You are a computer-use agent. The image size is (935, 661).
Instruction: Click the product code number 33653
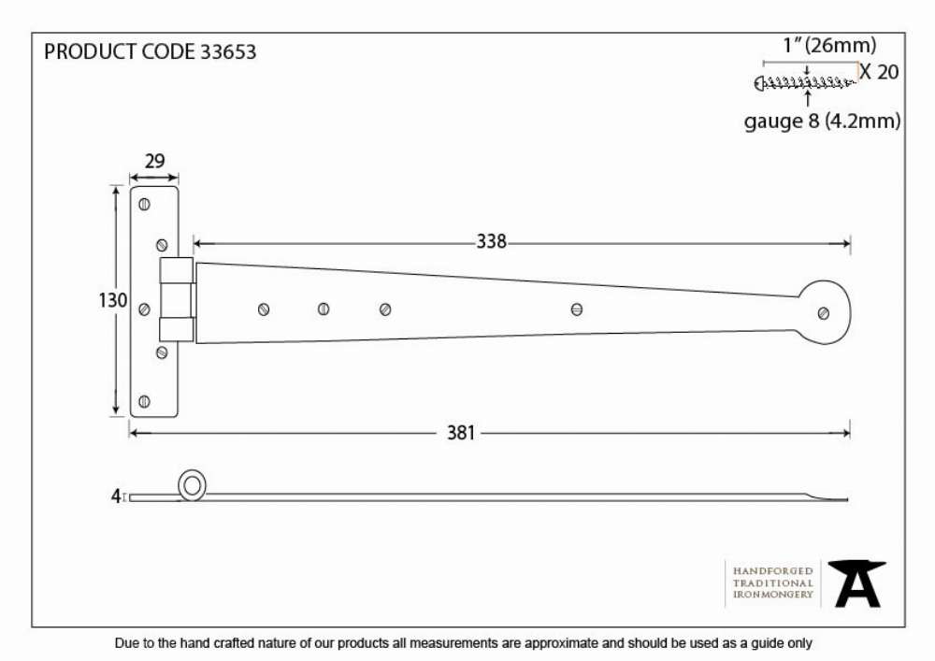pyautogui.click(x=228, y=51)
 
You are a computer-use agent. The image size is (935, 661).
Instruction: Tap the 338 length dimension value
pyautogui.click(x=492, y=241)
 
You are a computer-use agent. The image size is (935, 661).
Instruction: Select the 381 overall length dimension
pyautogui.click(x=461, y=433)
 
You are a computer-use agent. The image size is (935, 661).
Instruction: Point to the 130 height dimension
pyautogui.click(x=113, y=300)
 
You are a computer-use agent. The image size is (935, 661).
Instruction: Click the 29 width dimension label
pyautogui.click(x=154, y=161)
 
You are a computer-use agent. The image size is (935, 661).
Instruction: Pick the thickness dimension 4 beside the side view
pyautogui.click(x=116, y=496)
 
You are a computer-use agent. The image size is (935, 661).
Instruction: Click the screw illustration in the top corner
pyautogui.click(x=805, y=83)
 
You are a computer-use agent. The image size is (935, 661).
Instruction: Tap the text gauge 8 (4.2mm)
pyautogui.click(x=822, y=121)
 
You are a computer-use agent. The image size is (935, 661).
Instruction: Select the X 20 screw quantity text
pyautogui.click(x=879, y=72)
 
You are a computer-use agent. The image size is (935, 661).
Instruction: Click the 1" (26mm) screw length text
pyautogui.click(x=829, y=45)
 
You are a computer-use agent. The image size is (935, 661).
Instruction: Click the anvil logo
pyautogui.click(x=856, y=584)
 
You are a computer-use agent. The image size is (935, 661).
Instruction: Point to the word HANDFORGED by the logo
pyautogui.click(x=773, y=571)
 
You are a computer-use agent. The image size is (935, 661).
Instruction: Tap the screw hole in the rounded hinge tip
pyautogui.click(x=824, y=313)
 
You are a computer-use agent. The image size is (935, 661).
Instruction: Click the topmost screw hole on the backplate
pyautogui.click(x=144, y=205)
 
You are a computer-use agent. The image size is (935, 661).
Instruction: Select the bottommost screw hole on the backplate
pyautogui.click(x=144, y=401)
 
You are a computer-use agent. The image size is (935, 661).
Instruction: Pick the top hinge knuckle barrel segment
pyautogui.click(x=177, y=270)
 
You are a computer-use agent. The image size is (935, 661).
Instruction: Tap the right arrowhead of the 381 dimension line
pyautogui.click(x=845, y=433)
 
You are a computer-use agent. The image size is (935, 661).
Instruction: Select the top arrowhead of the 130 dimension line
pyautogui.click(x=115, y=190)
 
